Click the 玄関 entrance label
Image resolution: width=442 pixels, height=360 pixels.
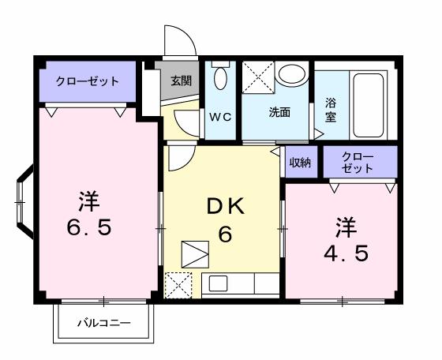coord(181,80)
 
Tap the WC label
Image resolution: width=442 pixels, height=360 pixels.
coord(219,117)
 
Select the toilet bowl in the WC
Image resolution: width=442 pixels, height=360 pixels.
coord(220,78)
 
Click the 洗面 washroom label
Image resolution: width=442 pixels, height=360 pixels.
coord(279,112)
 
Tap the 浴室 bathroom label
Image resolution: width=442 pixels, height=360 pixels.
coord(330,109)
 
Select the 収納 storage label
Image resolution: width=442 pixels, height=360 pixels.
coord(299,163)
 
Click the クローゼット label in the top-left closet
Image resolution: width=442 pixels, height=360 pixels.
coord(87,81)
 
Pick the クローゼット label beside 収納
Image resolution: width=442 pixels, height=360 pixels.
coord(358,163)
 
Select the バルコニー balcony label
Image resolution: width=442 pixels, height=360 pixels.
coord(103,323)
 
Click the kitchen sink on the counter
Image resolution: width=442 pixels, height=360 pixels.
coord(216,284)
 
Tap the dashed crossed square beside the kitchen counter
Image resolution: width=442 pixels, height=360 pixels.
coord(178,284)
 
